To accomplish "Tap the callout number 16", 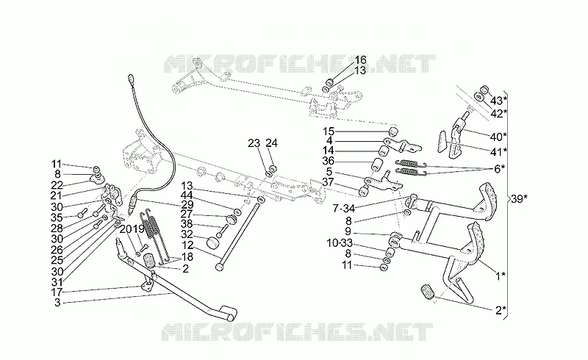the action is click(360, 60).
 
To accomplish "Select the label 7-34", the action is click(343, 208).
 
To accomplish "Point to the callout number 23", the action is click(254, 143).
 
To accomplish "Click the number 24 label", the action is click(271, 143).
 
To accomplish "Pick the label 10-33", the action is click(340, 243).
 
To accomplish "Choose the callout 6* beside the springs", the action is click(499, 169).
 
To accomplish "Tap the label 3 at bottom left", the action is click(57, 303).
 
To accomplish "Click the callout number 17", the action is click(57, 292).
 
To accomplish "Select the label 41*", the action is click(498, 151).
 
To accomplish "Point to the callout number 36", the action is click(328, 161).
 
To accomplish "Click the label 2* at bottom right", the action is click(501, 310).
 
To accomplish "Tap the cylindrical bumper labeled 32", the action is click(212, 242).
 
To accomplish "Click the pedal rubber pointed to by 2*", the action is click(426, 292).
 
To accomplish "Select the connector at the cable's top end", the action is click(131, 79).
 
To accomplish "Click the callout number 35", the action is click(57, 217).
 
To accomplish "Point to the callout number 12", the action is click(187, 245).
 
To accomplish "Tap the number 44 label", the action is click(187, 195).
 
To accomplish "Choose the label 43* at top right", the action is click(498, 101).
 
